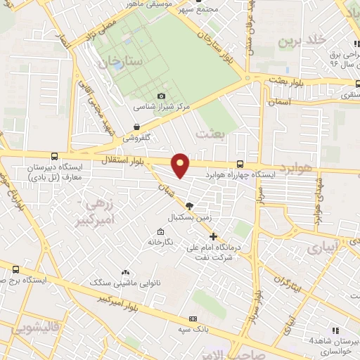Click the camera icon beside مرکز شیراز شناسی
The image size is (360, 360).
coord(162,96)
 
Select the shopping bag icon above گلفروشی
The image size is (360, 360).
coord(136,127)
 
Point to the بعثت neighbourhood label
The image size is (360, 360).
coord(211,134)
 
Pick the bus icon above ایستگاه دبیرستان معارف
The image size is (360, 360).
coord(55,157)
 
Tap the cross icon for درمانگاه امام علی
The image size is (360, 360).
coord(214,236)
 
